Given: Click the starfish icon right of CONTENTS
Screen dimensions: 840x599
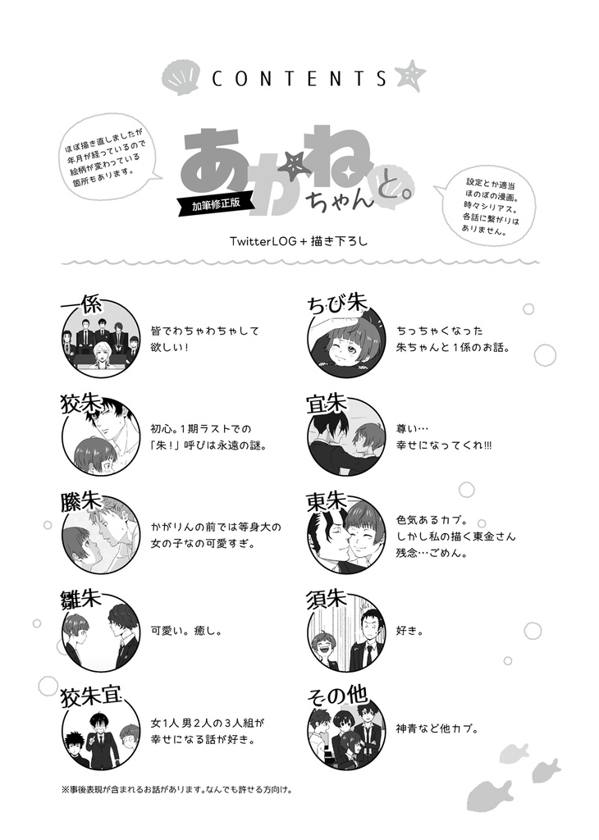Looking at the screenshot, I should click(x=406, y=75).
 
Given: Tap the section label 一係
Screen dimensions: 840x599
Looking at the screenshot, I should click(x=81, y=304).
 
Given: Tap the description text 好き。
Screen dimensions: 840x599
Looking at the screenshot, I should click(x=409, y=632).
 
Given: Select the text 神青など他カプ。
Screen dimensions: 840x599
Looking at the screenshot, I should click(x=437, y=728).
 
